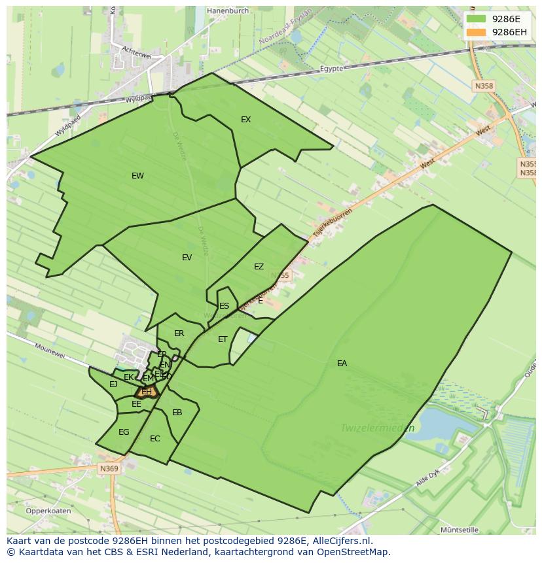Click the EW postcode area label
[137, 176]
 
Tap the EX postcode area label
[245, 120]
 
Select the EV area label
[187, 258]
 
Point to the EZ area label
[259, 267]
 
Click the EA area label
[342, 364]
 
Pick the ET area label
[223, 339]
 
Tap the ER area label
[179, 333]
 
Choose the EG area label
[124, 432]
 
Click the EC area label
[154, 439]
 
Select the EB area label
[177, 413]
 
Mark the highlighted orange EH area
[147, 392]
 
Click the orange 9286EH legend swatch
[476, 32]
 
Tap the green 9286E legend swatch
[476, 19]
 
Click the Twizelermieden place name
[378, 428]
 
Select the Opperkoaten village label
[48, 511]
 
